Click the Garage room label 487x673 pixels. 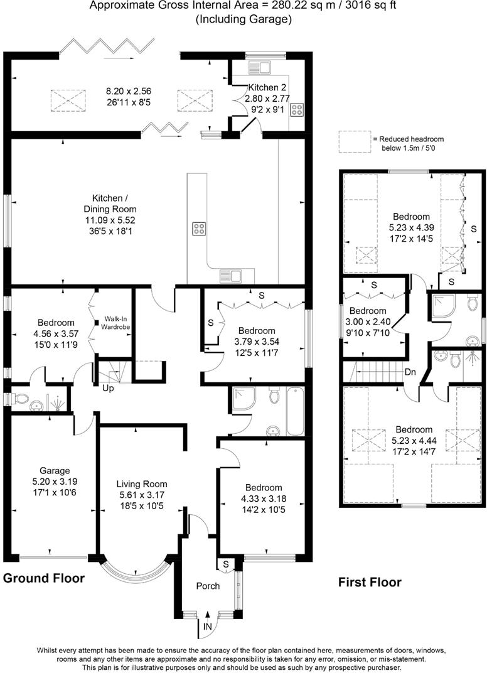pyautogui.click(x=55, y=470)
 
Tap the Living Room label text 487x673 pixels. pyautogui.click(x=142, y=484)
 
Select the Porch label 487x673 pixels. pyautogui.click(x=208, y=586)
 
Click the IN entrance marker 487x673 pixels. pyautogui.click(x=207, y=627)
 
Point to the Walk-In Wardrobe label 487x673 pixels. pyautogui.click(x=115, y=323)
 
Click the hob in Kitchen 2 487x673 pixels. pyautogui.click(x=296, y=109)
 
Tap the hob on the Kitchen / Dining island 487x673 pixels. pyautogui.click(x=198, y=229)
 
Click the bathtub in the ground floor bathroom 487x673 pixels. pyautogui.click(x=295, y=411)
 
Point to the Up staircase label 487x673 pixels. pyautogui.click(x=108, y=389)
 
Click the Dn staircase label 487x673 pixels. pyautogui.click(x=410, y=372)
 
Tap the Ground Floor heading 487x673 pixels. pyautogui.click(x=44, y=578)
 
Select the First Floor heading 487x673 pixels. pyautogui.click(x=370, y=583)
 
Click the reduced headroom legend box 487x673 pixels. pyautogui.click(x=355, y=142)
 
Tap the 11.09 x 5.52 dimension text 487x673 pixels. pyautogui.click(x=110, y=220)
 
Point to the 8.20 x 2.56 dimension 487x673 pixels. pyautogui.click(x=129, y=91)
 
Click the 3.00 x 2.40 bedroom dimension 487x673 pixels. pyautogui.click(x=368, y=322)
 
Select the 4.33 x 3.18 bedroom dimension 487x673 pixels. pyautogui.click(x=264, y=498)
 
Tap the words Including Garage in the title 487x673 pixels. pyautogui.click(x=243, y=19)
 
